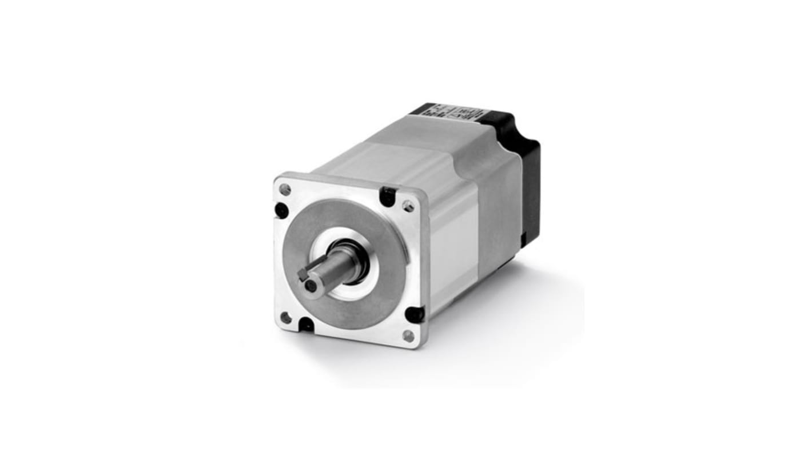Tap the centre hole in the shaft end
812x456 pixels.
tap(309, 283)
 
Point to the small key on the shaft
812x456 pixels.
tap(303, 274)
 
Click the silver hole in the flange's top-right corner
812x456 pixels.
tap(408, 206)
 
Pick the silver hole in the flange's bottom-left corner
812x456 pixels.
tap(286, 317)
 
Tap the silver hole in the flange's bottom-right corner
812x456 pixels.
tap(408, 335)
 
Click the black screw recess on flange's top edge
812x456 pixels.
tap(388, 196)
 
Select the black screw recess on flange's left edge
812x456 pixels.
tap(281, 210)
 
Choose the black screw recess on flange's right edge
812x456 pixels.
tap(414, 314)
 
